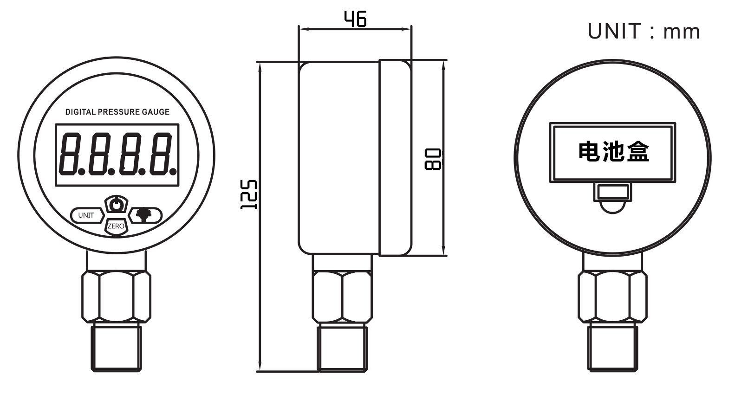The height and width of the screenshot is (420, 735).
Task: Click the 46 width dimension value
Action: [x=355, y=19]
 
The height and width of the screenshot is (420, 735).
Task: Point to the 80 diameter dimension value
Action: [x=432, y=159]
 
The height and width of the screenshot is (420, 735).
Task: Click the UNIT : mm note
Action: [x=644, y=32]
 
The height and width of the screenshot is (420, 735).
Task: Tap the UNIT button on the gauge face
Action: [x=86, y=215]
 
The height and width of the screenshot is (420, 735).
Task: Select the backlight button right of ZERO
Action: [x=146, y=215]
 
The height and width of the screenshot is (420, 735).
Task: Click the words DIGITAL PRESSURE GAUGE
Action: [x=117, y=112]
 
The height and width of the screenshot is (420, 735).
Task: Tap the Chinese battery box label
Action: [x=613, y=152]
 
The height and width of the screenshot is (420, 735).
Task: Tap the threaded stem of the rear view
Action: [x=612, y=348]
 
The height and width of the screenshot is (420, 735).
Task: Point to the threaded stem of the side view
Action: [x=342, y=348]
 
